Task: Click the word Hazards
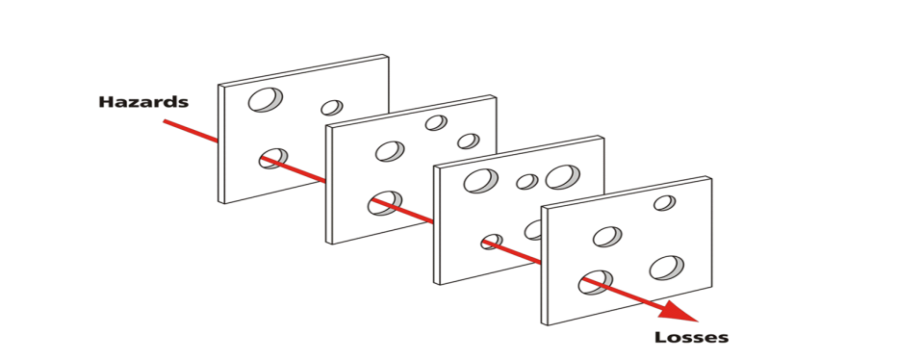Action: pos(143,102)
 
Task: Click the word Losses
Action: pos(692,337)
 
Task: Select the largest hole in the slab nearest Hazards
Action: pos(266,99)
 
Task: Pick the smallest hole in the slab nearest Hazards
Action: pos(332,108)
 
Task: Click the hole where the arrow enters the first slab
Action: pos(273,159)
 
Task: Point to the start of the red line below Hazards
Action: pos(164,120)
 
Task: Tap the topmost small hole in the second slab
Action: pos(436,122)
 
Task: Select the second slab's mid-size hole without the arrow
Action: pos(390,151)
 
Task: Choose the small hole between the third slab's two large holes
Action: pos(526,182)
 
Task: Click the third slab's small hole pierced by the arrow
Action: pos(492,242)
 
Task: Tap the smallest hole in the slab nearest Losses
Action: pos(664,202)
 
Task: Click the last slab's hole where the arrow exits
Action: pos(595,282)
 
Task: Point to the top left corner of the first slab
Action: pos(218,87)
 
